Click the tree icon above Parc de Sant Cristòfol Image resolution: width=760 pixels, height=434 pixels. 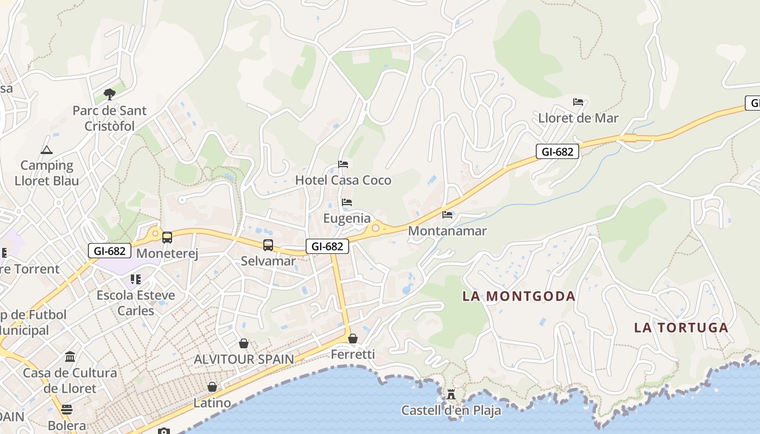click(x=110, y=94)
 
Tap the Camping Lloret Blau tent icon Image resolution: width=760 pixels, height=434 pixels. click(x=46, y=150)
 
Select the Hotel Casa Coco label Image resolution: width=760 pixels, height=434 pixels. click(x=343, y=180)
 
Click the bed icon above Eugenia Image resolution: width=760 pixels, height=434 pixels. click(x=347, y=202)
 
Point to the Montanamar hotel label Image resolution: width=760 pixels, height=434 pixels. click(x=447, y=231)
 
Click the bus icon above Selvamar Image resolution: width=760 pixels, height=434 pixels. click(x=268, y=245)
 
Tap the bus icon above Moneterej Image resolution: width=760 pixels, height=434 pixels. click(x=167, y=238)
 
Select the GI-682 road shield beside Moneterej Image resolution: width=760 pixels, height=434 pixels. click(x=110, y=251)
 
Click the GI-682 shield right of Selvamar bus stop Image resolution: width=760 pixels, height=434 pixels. click(x=327, y=246)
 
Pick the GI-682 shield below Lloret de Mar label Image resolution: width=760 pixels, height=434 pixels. click(x=557, y=151)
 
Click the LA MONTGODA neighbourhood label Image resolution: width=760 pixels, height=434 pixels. click(x=519, y=296)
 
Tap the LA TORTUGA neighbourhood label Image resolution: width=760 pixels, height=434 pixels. click(x=681, y=328)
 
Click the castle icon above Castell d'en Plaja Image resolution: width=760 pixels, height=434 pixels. click(x=451, y=394)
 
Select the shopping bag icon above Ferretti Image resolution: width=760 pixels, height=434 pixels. click(x=353, y=339)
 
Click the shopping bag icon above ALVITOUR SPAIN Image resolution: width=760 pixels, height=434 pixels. click(x=244, y=343)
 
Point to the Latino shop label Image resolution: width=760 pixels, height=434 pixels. click(x=212, y=403)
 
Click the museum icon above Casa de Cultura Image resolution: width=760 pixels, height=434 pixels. click(x=70, y=357)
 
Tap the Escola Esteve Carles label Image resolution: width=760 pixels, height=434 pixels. click(x=136, y=303)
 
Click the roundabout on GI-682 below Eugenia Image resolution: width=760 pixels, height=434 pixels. click(x=375, y=228)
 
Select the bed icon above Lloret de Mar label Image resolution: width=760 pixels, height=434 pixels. click(x=578, y=102)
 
